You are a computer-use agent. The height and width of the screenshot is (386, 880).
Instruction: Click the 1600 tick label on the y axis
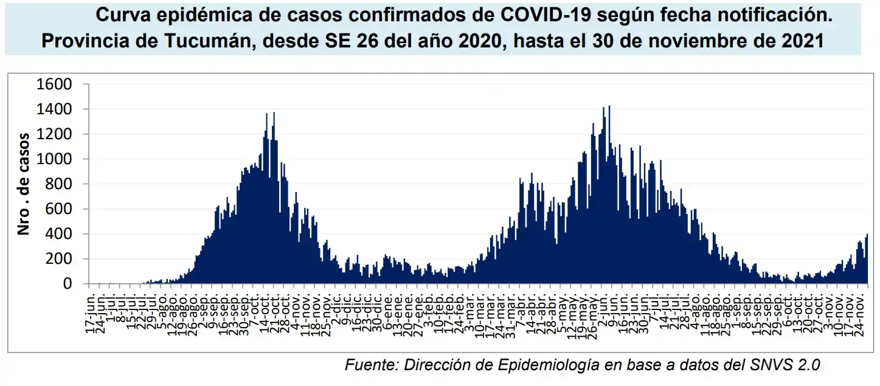coord(55,84)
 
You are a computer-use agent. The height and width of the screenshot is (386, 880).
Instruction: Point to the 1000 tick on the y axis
coord(55,159)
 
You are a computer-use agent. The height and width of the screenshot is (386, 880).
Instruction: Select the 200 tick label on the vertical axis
coord(59,259)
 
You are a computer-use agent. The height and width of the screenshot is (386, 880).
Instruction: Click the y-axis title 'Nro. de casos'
coord(24,184)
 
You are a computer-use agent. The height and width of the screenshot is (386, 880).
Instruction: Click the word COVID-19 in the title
coord(533,15)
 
